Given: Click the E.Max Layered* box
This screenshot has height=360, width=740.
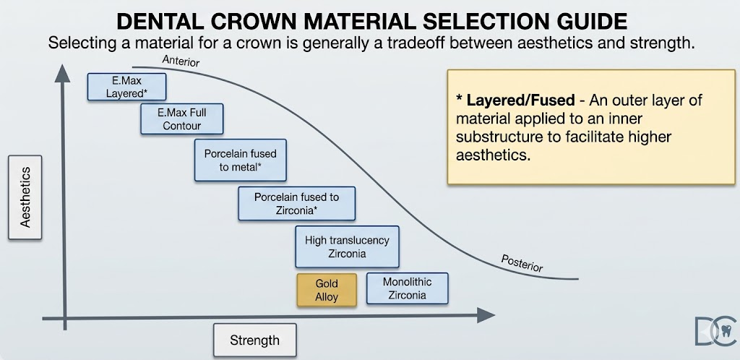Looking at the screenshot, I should click(x=126, y=87).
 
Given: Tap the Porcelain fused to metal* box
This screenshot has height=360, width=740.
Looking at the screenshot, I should click(x=240, y=160).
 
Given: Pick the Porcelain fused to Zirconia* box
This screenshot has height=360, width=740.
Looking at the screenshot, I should click(x=296, y=203).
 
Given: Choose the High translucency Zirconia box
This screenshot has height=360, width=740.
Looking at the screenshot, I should click(x=347, y=247).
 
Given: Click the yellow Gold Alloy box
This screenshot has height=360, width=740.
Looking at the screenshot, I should click(x=327, y=290).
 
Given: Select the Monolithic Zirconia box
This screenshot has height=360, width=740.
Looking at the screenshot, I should click(x=407, y=288).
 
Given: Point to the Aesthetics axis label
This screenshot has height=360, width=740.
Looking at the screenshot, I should click(x=25, y=197).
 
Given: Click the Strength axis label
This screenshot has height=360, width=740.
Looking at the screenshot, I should click(x=254, y=340).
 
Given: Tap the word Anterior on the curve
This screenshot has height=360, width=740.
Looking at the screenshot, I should click(x=181, y=61).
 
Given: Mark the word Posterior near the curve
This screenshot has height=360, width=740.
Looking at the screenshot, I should click(x=522, y=263).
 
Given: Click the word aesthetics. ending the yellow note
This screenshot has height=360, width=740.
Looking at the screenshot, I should click(x=489, y=155).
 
